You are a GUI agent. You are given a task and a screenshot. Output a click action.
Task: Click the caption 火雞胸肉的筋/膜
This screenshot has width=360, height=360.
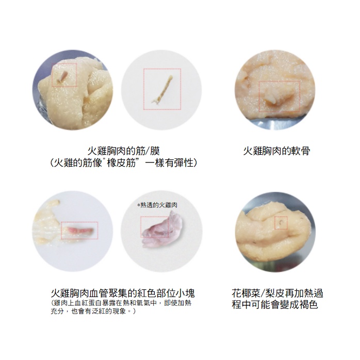123,151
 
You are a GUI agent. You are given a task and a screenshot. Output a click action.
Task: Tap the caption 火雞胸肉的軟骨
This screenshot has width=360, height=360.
276,151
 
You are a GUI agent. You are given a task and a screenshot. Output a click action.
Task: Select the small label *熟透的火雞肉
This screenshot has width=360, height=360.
157,205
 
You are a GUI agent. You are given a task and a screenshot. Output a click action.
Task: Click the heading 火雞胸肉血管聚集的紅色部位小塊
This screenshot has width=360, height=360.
123,293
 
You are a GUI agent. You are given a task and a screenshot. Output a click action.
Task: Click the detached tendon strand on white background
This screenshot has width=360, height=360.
162,90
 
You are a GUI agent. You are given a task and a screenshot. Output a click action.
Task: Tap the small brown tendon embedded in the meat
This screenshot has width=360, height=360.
62,76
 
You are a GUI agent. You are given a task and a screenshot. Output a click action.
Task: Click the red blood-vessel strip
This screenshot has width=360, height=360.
79,230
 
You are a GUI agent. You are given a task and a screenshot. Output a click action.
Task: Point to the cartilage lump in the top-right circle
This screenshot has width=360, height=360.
278,97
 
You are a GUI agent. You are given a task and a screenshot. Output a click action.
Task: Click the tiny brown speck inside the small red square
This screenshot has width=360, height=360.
281,222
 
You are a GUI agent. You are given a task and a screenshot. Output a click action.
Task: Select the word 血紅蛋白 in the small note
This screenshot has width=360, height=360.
88,303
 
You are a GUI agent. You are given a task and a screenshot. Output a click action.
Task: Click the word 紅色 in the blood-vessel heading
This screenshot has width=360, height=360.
147,293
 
